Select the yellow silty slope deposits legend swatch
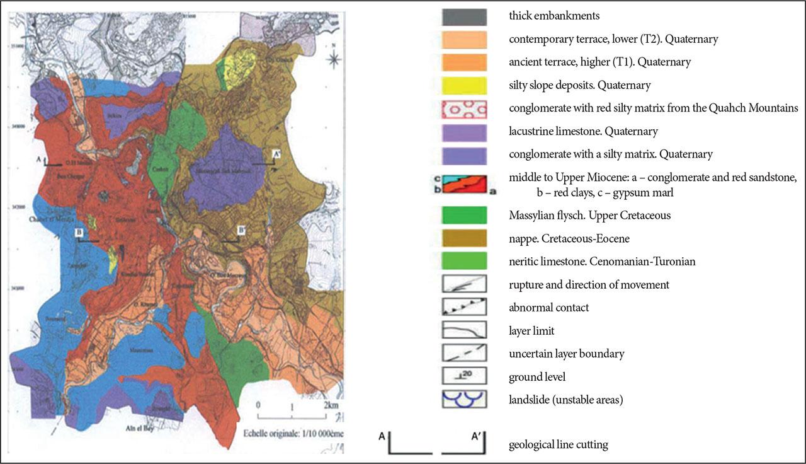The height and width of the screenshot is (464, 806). (464, 85)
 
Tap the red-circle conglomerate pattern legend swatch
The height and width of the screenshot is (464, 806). (464, 108)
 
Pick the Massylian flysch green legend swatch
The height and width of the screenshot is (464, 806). (464, 216)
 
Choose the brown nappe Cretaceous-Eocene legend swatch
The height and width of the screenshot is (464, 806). (464, 238)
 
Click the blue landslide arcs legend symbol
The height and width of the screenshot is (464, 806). (464, 400)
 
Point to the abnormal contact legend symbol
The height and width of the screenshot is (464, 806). (464, 308)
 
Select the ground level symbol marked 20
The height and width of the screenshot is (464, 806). (464, 377)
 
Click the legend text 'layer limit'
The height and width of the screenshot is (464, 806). (531, 331)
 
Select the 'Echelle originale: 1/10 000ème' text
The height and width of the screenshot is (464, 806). (290, 434)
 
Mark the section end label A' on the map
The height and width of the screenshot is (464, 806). (276, 153)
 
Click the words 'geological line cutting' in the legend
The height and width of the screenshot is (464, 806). (558, 445)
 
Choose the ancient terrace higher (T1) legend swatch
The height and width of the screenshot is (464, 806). (464, 62)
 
